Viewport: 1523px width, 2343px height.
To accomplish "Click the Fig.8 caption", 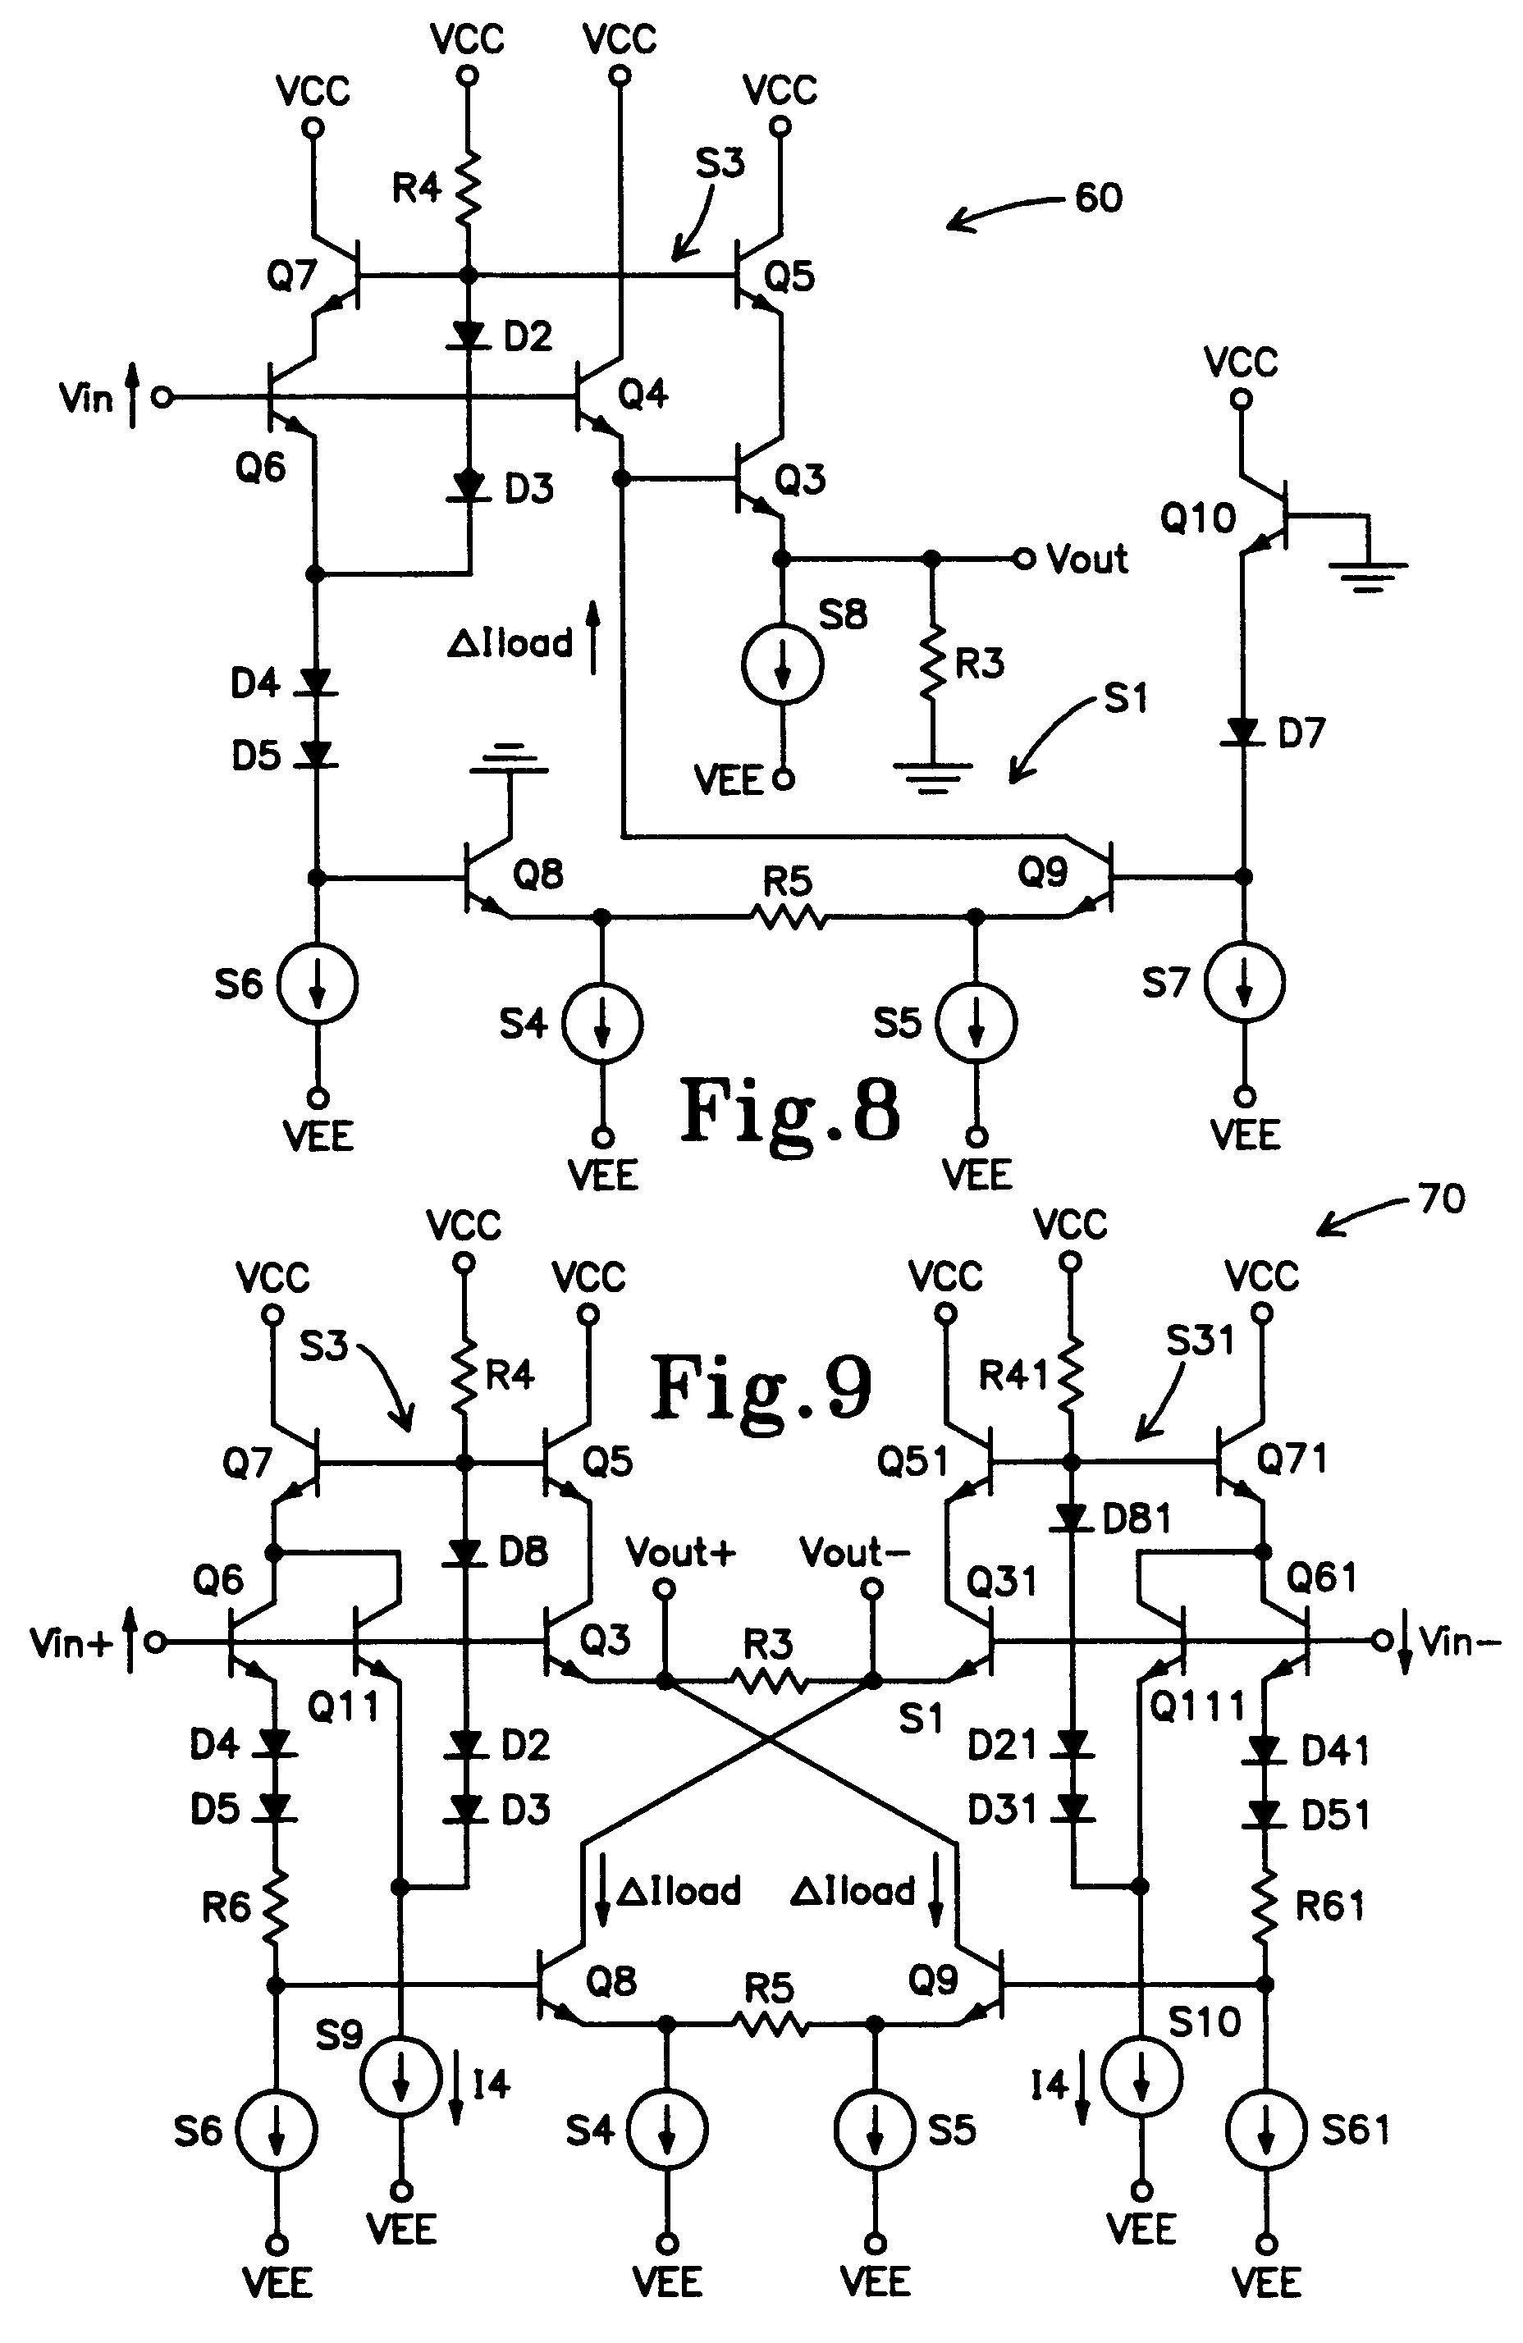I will point(789,1111).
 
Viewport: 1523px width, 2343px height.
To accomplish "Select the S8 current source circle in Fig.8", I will point(783,665).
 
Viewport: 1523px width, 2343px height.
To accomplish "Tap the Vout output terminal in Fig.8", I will point(1024,559).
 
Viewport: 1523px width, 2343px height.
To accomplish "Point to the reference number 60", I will point(1098,198).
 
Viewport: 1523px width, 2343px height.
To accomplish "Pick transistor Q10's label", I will point(1197,518).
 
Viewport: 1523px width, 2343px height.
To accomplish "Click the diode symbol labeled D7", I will point(1243,732).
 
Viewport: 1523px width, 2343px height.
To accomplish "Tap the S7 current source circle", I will point(1244,983).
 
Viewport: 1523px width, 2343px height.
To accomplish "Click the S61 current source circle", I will point(1266,2130).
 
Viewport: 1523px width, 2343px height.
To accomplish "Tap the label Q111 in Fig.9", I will point(1197,1707).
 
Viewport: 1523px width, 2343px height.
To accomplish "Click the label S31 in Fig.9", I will point(1199,1340).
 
